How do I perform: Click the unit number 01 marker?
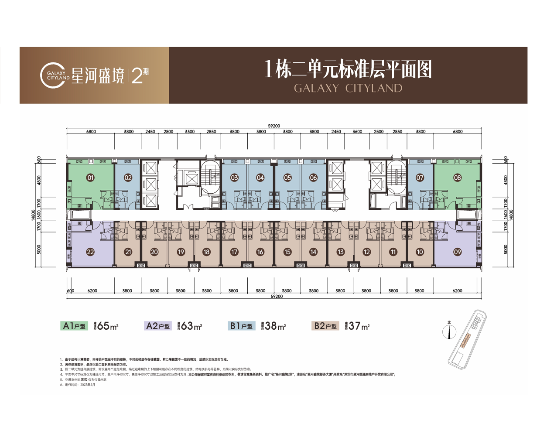point(91,178)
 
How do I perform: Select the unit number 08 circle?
point(457,178)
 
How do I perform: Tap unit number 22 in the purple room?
point(91,252)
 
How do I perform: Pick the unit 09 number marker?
point(457,252)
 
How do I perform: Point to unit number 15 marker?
point(287,252)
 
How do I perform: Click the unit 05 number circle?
point(287,178)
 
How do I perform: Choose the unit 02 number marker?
point(128,178)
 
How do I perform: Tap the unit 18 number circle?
point(207,252)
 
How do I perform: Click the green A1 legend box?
point(74,326)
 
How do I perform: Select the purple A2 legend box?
point(158,326)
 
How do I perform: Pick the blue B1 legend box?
point(241,326)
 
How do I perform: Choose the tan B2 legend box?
point(325,326)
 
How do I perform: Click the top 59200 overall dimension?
point(274,126)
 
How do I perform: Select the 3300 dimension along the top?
point(190,132)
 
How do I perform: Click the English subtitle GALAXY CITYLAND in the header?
point(348,88)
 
